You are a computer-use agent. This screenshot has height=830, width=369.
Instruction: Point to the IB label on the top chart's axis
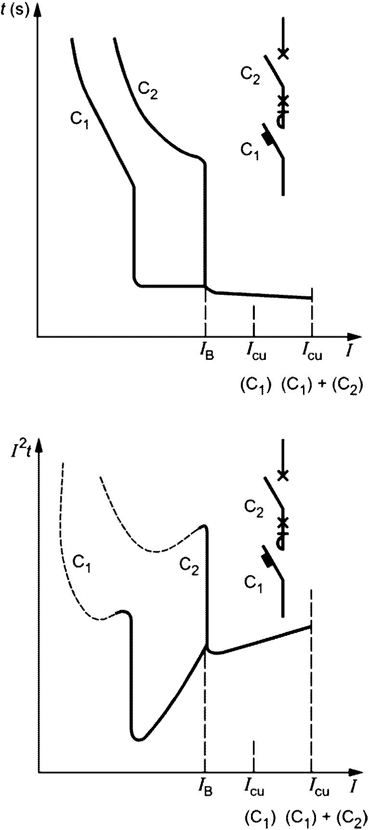tap(206, 356)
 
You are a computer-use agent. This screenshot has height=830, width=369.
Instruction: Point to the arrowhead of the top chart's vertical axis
tap(37, 10)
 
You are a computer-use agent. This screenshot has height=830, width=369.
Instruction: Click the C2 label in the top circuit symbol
tap(250, 76)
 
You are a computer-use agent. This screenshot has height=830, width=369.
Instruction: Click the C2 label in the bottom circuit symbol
tap(253, 508)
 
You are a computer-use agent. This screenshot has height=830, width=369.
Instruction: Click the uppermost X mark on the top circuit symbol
tap(284, 53)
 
